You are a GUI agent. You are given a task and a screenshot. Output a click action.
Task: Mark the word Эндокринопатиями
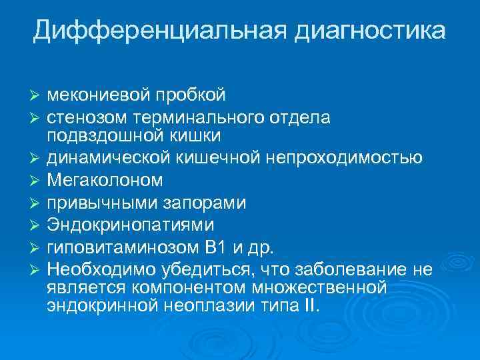tap(131, 225)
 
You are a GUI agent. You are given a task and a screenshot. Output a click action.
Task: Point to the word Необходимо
tap(100, 270)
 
